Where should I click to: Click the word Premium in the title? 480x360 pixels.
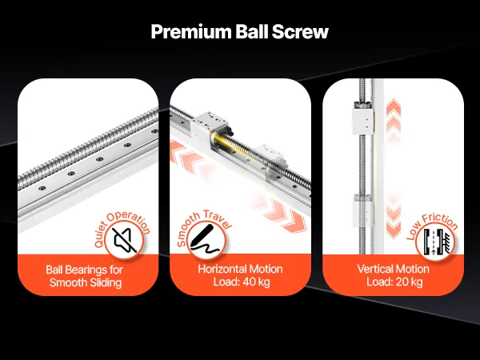(191, 32)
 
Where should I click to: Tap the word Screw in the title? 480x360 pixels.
(300, 32)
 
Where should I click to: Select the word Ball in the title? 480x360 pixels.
(251, 31)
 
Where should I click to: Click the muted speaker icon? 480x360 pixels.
(124, 240)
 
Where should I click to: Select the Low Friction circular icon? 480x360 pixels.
(435, 242)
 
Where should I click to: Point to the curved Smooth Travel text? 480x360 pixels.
(202, 226)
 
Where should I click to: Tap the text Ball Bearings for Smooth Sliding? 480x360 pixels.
(85, 276)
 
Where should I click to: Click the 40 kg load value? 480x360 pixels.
(256, 282)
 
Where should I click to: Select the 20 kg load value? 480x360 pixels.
(409, 282)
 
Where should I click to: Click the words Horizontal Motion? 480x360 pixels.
(240, 269)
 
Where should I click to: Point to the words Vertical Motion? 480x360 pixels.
(393, 269)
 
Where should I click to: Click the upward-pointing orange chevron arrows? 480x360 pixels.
(394, 120)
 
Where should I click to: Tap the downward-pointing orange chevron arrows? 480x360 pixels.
(394, 218)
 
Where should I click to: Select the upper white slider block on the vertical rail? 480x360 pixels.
(362, 119)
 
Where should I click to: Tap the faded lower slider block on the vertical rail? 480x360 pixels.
(363, 210)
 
